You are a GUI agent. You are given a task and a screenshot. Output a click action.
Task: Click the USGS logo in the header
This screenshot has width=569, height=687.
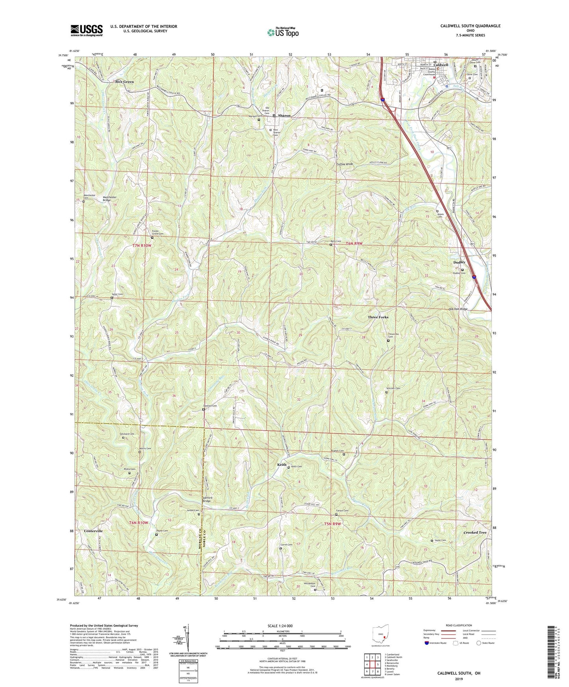87,30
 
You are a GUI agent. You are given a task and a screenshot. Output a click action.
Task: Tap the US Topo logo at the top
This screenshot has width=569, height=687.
283,33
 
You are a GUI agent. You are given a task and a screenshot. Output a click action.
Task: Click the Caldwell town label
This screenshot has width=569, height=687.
441,65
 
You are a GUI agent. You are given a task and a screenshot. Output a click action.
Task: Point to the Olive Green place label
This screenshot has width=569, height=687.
124,82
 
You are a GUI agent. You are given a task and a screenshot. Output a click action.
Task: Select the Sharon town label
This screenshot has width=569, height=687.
284,116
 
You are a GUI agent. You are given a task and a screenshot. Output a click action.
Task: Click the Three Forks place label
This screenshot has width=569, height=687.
378,317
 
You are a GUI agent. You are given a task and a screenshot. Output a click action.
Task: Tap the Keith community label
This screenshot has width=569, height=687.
282,465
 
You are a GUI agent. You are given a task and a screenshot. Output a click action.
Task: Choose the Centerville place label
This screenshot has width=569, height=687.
93,531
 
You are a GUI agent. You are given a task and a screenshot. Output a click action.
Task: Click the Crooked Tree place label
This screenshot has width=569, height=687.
475,532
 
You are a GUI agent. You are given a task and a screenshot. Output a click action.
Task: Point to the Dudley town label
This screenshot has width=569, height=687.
459,262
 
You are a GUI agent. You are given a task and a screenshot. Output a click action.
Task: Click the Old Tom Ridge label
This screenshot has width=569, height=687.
458,309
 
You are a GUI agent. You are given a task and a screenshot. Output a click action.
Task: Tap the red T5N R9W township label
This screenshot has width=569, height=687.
332,524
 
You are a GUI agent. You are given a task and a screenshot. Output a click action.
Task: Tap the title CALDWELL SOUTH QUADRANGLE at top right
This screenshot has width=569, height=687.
470,26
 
